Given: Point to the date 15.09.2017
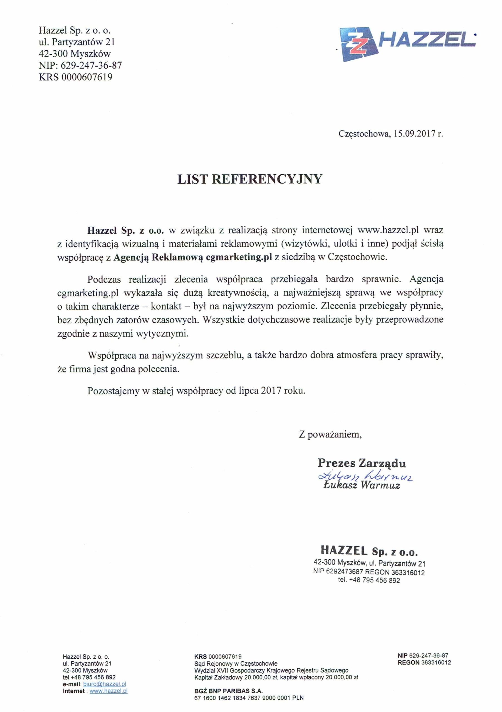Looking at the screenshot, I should click(414, 134).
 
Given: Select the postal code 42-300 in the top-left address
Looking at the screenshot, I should click(53, 54).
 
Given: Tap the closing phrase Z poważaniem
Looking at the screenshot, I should click(330, 434).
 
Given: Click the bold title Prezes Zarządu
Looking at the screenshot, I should click(362, 463).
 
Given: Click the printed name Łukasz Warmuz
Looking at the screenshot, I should click(362, 485).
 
